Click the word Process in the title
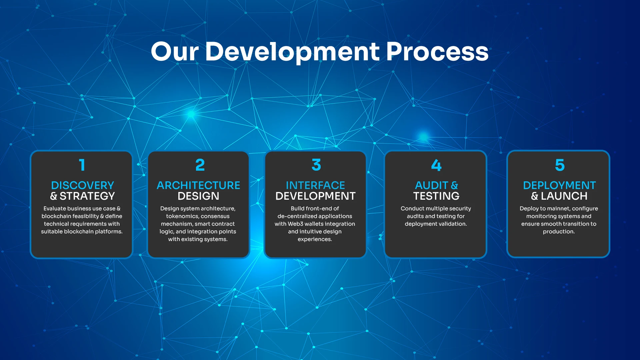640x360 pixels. pyautogui.click(x=437, y=52)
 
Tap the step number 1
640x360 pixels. pyautogui.click(x=82, y=165)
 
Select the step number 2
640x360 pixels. pyautogui.click(x=200, y=165)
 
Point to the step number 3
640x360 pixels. pyautogui.click(x=316, y=165)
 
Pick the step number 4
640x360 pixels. pyautogui.click(x=436, y=165)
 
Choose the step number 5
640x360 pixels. pyautogui.click(x=560, y=165)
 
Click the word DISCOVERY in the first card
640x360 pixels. pyautogui.click(x=82, y=185)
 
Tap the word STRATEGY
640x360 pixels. pyautogui.click(x=87, y=196)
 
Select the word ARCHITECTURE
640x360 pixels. pyautogui.click(x=198, y=185)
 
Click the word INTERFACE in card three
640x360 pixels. pyautogui.click(x=315, y=185)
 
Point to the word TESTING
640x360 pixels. pyautogui.click(x=436, y=196)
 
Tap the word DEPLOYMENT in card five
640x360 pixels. pyautogui.click(x=559, y=185)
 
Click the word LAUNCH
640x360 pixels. pyautogui.click(x=564, y=196)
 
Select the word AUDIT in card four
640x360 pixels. pyautogui.click(x=431, y=185)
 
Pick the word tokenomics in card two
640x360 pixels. pyautogui.click(x=182, y=216)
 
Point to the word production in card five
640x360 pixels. pyautogui.click(x=559, y=232)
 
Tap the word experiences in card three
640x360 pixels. pyautogui.click(x=315, y=239)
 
